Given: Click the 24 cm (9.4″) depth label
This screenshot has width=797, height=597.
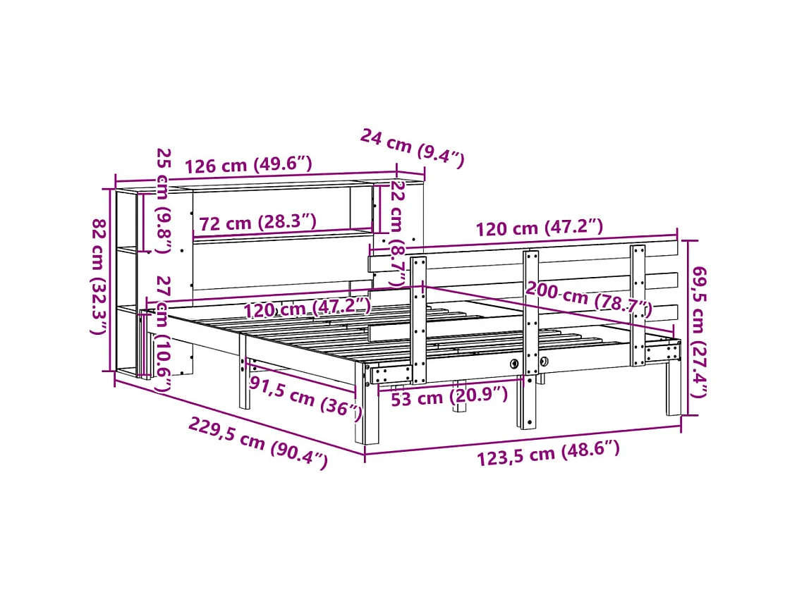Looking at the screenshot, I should click(412, 147).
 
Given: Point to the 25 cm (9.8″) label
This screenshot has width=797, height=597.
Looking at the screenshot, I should click(164, 200).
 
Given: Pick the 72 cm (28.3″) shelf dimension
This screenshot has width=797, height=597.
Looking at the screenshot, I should click(257, 223).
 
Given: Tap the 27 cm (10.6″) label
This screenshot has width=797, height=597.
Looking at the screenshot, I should click(163, 334).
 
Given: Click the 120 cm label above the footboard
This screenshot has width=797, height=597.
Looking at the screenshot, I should click(539, 228).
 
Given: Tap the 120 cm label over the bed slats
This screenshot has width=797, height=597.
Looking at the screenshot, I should click(308, 307).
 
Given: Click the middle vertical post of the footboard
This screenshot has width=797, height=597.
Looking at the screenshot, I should click(530, 338).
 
